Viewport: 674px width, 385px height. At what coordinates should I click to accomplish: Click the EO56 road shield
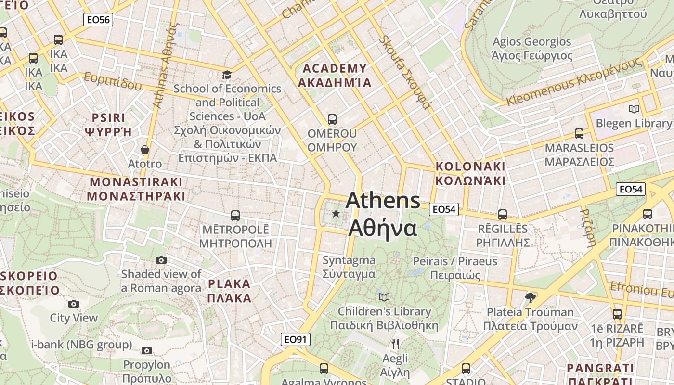98,20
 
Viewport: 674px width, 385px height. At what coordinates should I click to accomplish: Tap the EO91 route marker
295,339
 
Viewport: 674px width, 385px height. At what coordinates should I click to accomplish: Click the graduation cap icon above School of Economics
227,75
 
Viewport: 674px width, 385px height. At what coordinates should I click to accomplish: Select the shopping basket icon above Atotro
144,150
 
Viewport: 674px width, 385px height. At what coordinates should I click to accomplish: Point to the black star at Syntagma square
336,213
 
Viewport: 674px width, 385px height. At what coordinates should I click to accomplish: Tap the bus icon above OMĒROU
332,119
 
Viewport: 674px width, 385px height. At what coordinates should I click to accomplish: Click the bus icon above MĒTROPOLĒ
235,215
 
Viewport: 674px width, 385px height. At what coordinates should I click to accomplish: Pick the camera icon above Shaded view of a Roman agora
161,260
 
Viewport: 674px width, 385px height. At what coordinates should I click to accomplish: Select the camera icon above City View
74,304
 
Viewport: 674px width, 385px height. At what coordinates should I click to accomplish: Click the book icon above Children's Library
384,297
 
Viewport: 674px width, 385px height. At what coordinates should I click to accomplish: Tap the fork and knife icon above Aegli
395,344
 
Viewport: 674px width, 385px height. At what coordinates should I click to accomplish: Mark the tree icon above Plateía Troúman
530,297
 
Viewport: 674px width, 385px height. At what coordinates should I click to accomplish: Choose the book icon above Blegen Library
634,109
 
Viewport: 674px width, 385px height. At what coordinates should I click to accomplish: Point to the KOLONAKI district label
470,167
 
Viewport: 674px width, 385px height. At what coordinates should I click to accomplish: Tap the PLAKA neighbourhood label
229,284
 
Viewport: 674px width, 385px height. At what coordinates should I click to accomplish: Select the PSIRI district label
108,118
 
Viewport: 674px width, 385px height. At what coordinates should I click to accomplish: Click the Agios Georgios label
531,42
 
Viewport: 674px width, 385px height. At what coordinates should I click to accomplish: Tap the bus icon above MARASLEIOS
579,133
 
